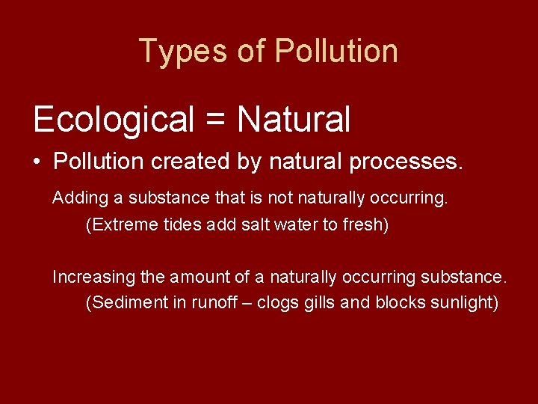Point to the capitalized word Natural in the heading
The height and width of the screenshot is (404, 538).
coord(294,119)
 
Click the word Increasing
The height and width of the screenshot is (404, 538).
coord(94,278)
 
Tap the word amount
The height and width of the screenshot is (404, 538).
coord(199,278)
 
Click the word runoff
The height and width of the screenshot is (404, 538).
coord(210,303)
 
